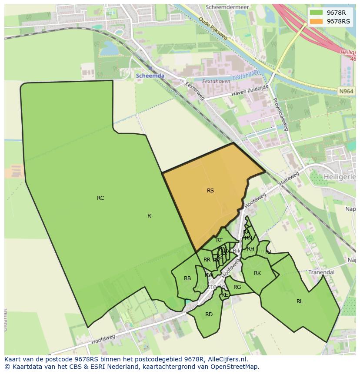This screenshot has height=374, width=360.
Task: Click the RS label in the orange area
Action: coord(210,190)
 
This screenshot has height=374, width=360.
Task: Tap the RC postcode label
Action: coord(100,198)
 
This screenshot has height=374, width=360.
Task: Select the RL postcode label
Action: coord(300,301)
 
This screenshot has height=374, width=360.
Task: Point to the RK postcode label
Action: coord(257,273)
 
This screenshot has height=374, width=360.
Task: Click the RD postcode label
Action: coord(209,314)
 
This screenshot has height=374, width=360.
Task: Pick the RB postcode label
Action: coord(187,279)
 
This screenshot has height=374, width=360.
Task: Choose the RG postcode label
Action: coord(237,287)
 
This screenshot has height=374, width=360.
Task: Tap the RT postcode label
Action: coord(219,240)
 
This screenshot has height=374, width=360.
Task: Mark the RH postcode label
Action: coord(250,249)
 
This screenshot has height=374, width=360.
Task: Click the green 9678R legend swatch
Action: coord(316,13)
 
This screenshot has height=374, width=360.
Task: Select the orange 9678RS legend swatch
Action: coord(316,21)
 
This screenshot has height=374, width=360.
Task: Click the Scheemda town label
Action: coord(150,76)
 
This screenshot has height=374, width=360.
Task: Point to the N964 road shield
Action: coord(346,91)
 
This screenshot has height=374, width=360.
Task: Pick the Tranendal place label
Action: coord(321,272)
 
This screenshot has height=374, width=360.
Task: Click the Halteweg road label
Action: coord(290,179)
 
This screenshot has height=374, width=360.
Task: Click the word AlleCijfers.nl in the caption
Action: coord(226,359)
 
